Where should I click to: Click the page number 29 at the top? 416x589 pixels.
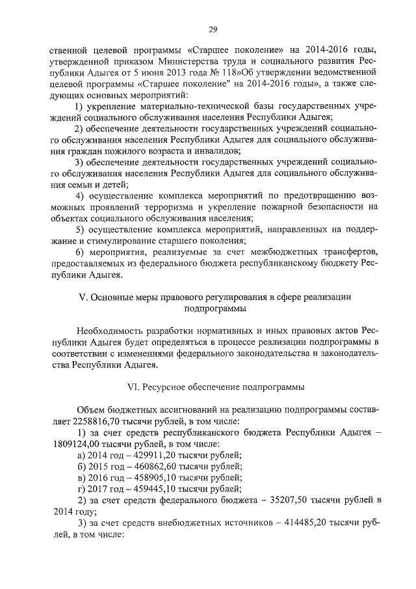(x=213, y=29)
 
